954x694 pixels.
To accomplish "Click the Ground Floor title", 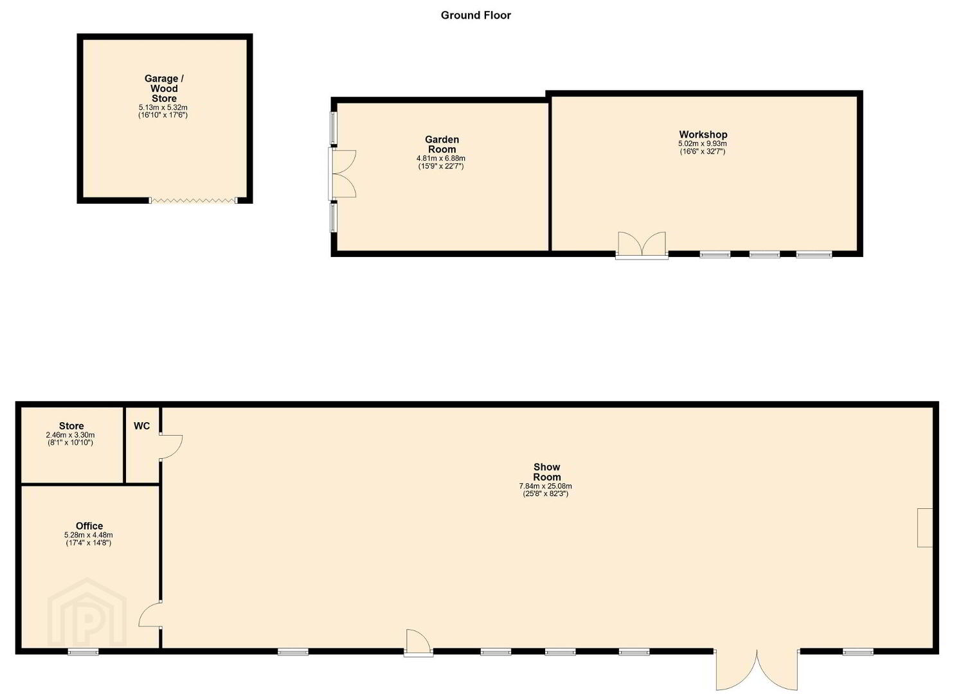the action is (476, 15).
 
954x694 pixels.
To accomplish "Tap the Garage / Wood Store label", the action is (164, 89).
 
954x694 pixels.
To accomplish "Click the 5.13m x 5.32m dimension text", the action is (163, 107).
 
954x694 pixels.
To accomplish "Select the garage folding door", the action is (194, 200).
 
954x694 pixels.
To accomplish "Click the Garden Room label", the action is (442, 145).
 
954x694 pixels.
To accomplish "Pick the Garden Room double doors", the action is (342, 173).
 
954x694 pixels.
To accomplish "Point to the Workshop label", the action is (703, 134).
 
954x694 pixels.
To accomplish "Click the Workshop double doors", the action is (642, 245).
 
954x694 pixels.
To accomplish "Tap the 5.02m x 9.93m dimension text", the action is (703, 143).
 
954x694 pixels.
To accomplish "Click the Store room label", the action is (71, 426).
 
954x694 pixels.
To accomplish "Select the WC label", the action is (142, 426).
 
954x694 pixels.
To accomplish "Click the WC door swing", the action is (171, 447).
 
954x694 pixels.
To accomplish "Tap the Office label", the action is (89, 526).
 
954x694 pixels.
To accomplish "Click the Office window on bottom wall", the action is (84, 652).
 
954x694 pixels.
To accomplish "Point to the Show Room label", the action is (547, 472).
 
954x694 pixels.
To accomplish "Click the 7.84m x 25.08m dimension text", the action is (546, 486).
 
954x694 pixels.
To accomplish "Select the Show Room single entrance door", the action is (419, 643).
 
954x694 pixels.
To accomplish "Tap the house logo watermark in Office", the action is (87, 612).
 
